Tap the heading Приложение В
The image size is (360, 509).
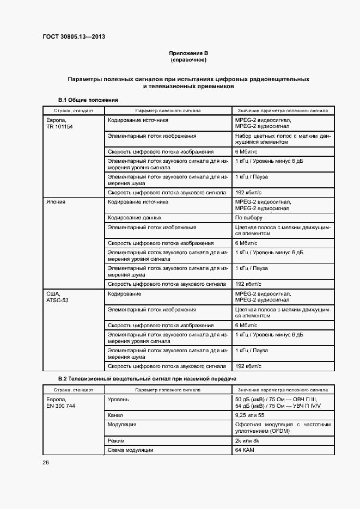188,53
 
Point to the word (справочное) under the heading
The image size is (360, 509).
188,59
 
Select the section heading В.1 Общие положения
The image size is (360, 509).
88,100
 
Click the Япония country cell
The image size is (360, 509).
56,201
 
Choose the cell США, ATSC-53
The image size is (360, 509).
57,297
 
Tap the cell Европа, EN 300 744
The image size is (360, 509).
59,403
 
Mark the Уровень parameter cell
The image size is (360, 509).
118,399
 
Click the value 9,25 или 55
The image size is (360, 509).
249,415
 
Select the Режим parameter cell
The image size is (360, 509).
117,440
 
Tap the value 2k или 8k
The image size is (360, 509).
248,440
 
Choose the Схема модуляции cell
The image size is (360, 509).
131,450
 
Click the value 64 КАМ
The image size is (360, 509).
245,450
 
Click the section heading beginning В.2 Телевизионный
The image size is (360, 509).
148,378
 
